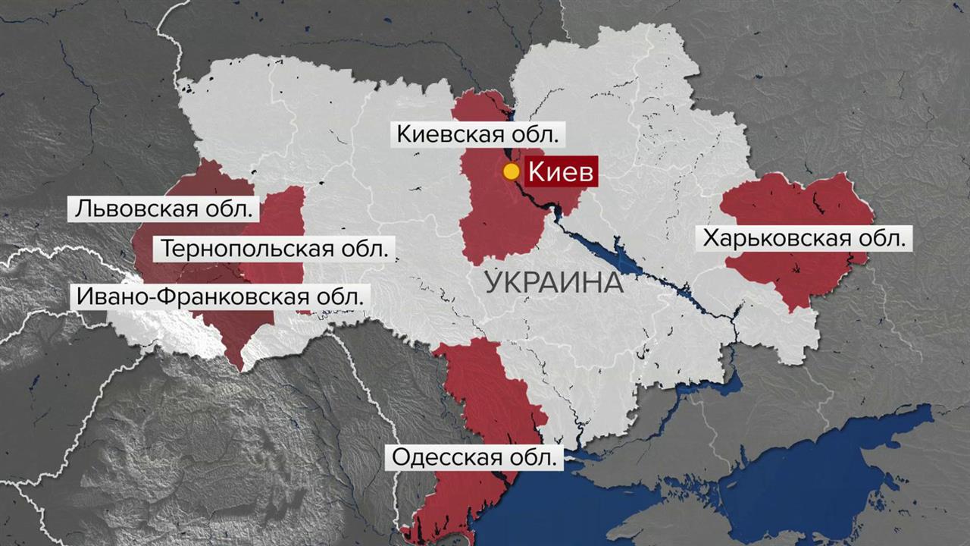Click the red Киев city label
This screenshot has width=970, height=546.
[561, 171]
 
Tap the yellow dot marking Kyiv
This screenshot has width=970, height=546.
[512, 171]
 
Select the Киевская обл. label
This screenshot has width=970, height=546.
[478, 135]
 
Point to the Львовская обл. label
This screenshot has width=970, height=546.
[163, 209]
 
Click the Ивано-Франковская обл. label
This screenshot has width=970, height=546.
[219, 296]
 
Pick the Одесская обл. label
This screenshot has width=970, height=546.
[477, 457]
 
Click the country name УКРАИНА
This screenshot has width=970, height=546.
[553, 283]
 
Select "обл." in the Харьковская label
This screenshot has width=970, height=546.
[884, 239]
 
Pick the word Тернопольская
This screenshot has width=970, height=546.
[249, 249]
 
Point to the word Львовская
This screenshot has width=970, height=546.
[135, 209]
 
